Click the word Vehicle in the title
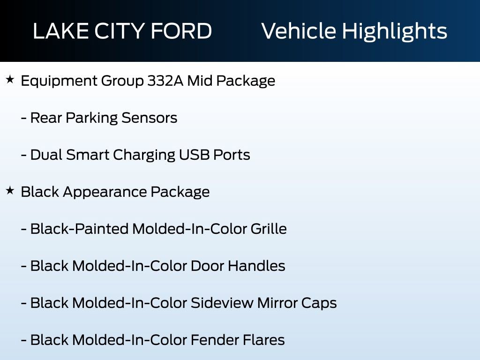click(298, 31)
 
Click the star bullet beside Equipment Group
click(10, 80)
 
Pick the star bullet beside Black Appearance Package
click(10, 191)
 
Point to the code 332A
click(165, 81)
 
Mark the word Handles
click(256, 266)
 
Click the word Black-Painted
click(79, 229)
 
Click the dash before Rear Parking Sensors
click(23, 118)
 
